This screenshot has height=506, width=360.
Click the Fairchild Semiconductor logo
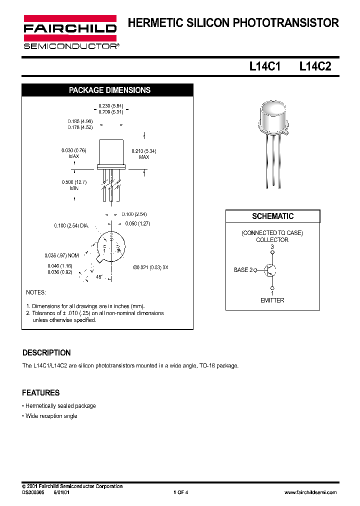70,32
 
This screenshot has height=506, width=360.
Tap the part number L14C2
315,66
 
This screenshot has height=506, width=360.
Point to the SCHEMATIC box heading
272,216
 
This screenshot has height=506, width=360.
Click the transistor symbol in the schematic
270,270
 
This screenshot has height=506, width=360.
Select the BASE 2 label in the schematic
243,270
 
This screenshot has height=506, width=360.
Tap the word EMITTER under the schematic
272,300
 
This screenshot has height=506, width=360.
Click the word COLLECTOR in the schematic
272,240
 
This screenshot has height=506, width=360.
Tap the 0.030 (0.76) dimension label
74,150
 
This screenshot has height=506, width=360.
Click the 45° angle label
99,276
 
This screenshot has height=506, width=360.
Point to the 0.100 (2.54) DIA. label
71,226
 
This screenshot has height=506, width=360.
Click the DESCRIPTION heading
47,352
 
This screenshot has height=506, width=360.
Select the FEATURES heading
41,393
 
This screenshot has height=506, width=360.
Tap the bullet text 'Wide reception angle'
51,416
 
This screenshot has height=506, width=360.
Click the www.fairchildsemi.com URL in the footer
310,492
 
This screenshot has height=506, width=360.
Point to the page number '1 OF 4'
180,492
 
